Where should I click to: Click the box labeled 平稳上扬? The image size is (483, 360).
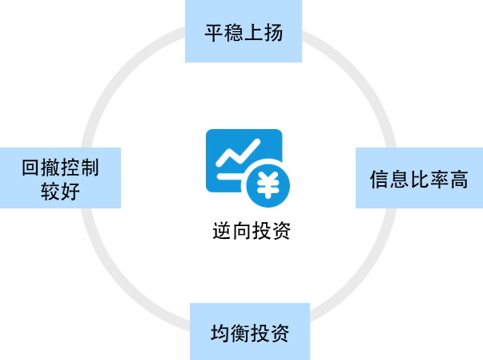(x=244, y=32)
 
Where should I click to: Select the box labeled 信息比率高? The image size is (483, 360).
(x=419, y=178)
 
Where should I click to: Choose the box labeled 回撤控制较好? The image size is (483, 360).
(x=60, y=178)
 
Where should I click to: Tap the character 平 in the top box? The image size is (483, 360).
(x=214, y=33)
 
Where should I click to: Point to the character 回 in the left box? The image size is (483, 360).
(x=30, y=168)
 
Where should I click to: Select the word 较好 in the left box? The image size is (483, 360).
(x=60, y=191)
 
